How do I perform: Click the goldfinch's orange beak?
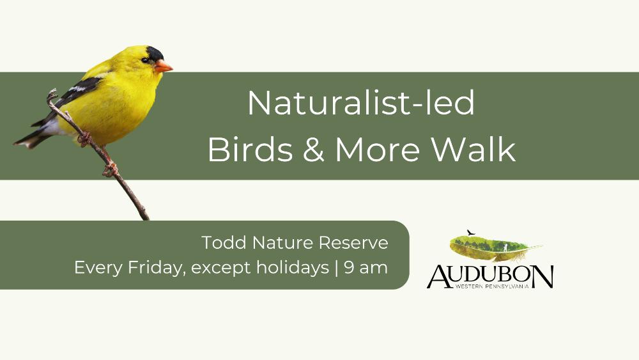click(x=163, y=66)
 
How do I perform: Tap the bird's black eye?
click(x=145, y=60)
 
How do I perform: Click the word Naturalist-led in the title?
click(x=361, y=103)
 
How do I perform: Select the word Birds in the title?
click(x=250, y=149)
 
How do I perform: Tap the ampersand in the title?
click(x=313, y=149)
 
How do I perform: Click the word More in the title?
click(x=378, y=149)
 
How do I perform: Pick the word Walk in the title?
click(x=473, y=149)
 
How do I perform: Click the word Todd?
click(x=224, y=242)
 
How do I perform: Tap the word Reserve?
click(x=353, y=242)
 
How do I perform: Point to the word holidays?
click(x=293, y=269)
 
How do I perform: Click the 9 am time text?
click(x=366, y=269)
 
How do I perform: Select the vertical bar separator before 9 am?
click(x=336, y=268)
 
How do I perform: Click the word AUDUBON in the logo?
click(x=490, y=276)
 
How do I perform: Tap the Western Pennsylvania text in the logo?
click(x=492, y=286)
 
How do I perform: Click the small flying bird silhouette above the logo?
click(x=471, y=232)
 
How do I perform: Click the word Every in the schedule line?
click(x=98, y=269)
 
